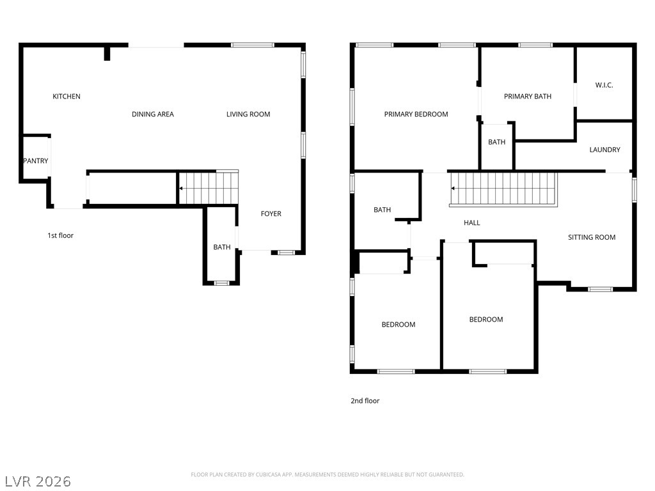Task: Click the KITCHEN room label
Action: (x=67, y=97)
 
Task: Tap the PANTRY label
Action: (x=36, y=160)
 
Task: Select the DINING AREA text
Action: (x=152, y=114)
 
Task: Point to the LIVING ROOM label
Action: (x=248, y=114)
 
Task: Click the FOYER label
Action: (x=271, y=214)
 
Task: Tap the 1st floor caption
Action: (x=61, y=235)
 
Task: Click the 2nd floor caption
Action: (x=365, y=401)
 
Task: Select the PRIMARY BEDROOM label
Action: (x=416, y=114)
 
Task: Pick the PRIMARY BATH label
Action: (x=528, y=97)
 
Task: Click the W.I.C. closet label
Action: (x=604, y=85)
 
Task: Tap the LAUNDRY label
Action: (x=604, y=150)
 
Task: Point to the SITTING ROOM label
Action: (x=592, y=238)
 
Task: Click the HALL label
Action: (x=471, y=223)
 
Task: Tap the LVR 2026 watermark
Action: (x=38, y=481)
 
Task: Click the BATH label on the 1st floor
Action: (x=222, y=247)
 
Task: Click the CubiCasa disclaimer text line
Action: (x=327, y=475)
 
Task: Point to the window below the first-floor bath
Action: (x=221, y=283)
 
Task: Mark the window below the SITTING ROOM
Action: (x=600, y=289)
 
